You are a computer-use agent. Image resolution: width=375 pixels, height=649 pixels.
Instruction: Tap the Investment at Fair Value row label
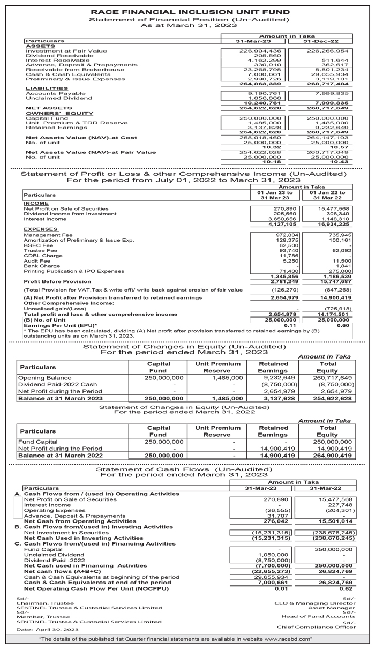tap(66, 51)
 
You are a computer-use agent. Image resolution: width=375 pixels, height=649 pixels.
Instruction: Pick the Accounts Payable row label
tap(49, 93)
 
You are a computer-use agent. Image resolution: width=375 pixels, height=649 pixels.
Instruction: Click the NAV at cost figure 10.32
tap(263, 146)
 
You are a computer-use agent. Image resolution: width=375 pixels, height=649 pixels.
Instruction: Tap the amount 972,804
tap(278, 235)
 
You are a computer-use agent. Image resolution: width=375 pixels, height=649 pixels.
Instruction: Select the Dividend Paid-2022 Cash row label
tap(58, 385)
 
